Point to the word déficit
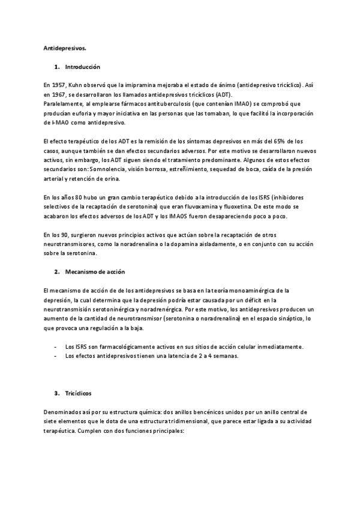click(x=252, y=300)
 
